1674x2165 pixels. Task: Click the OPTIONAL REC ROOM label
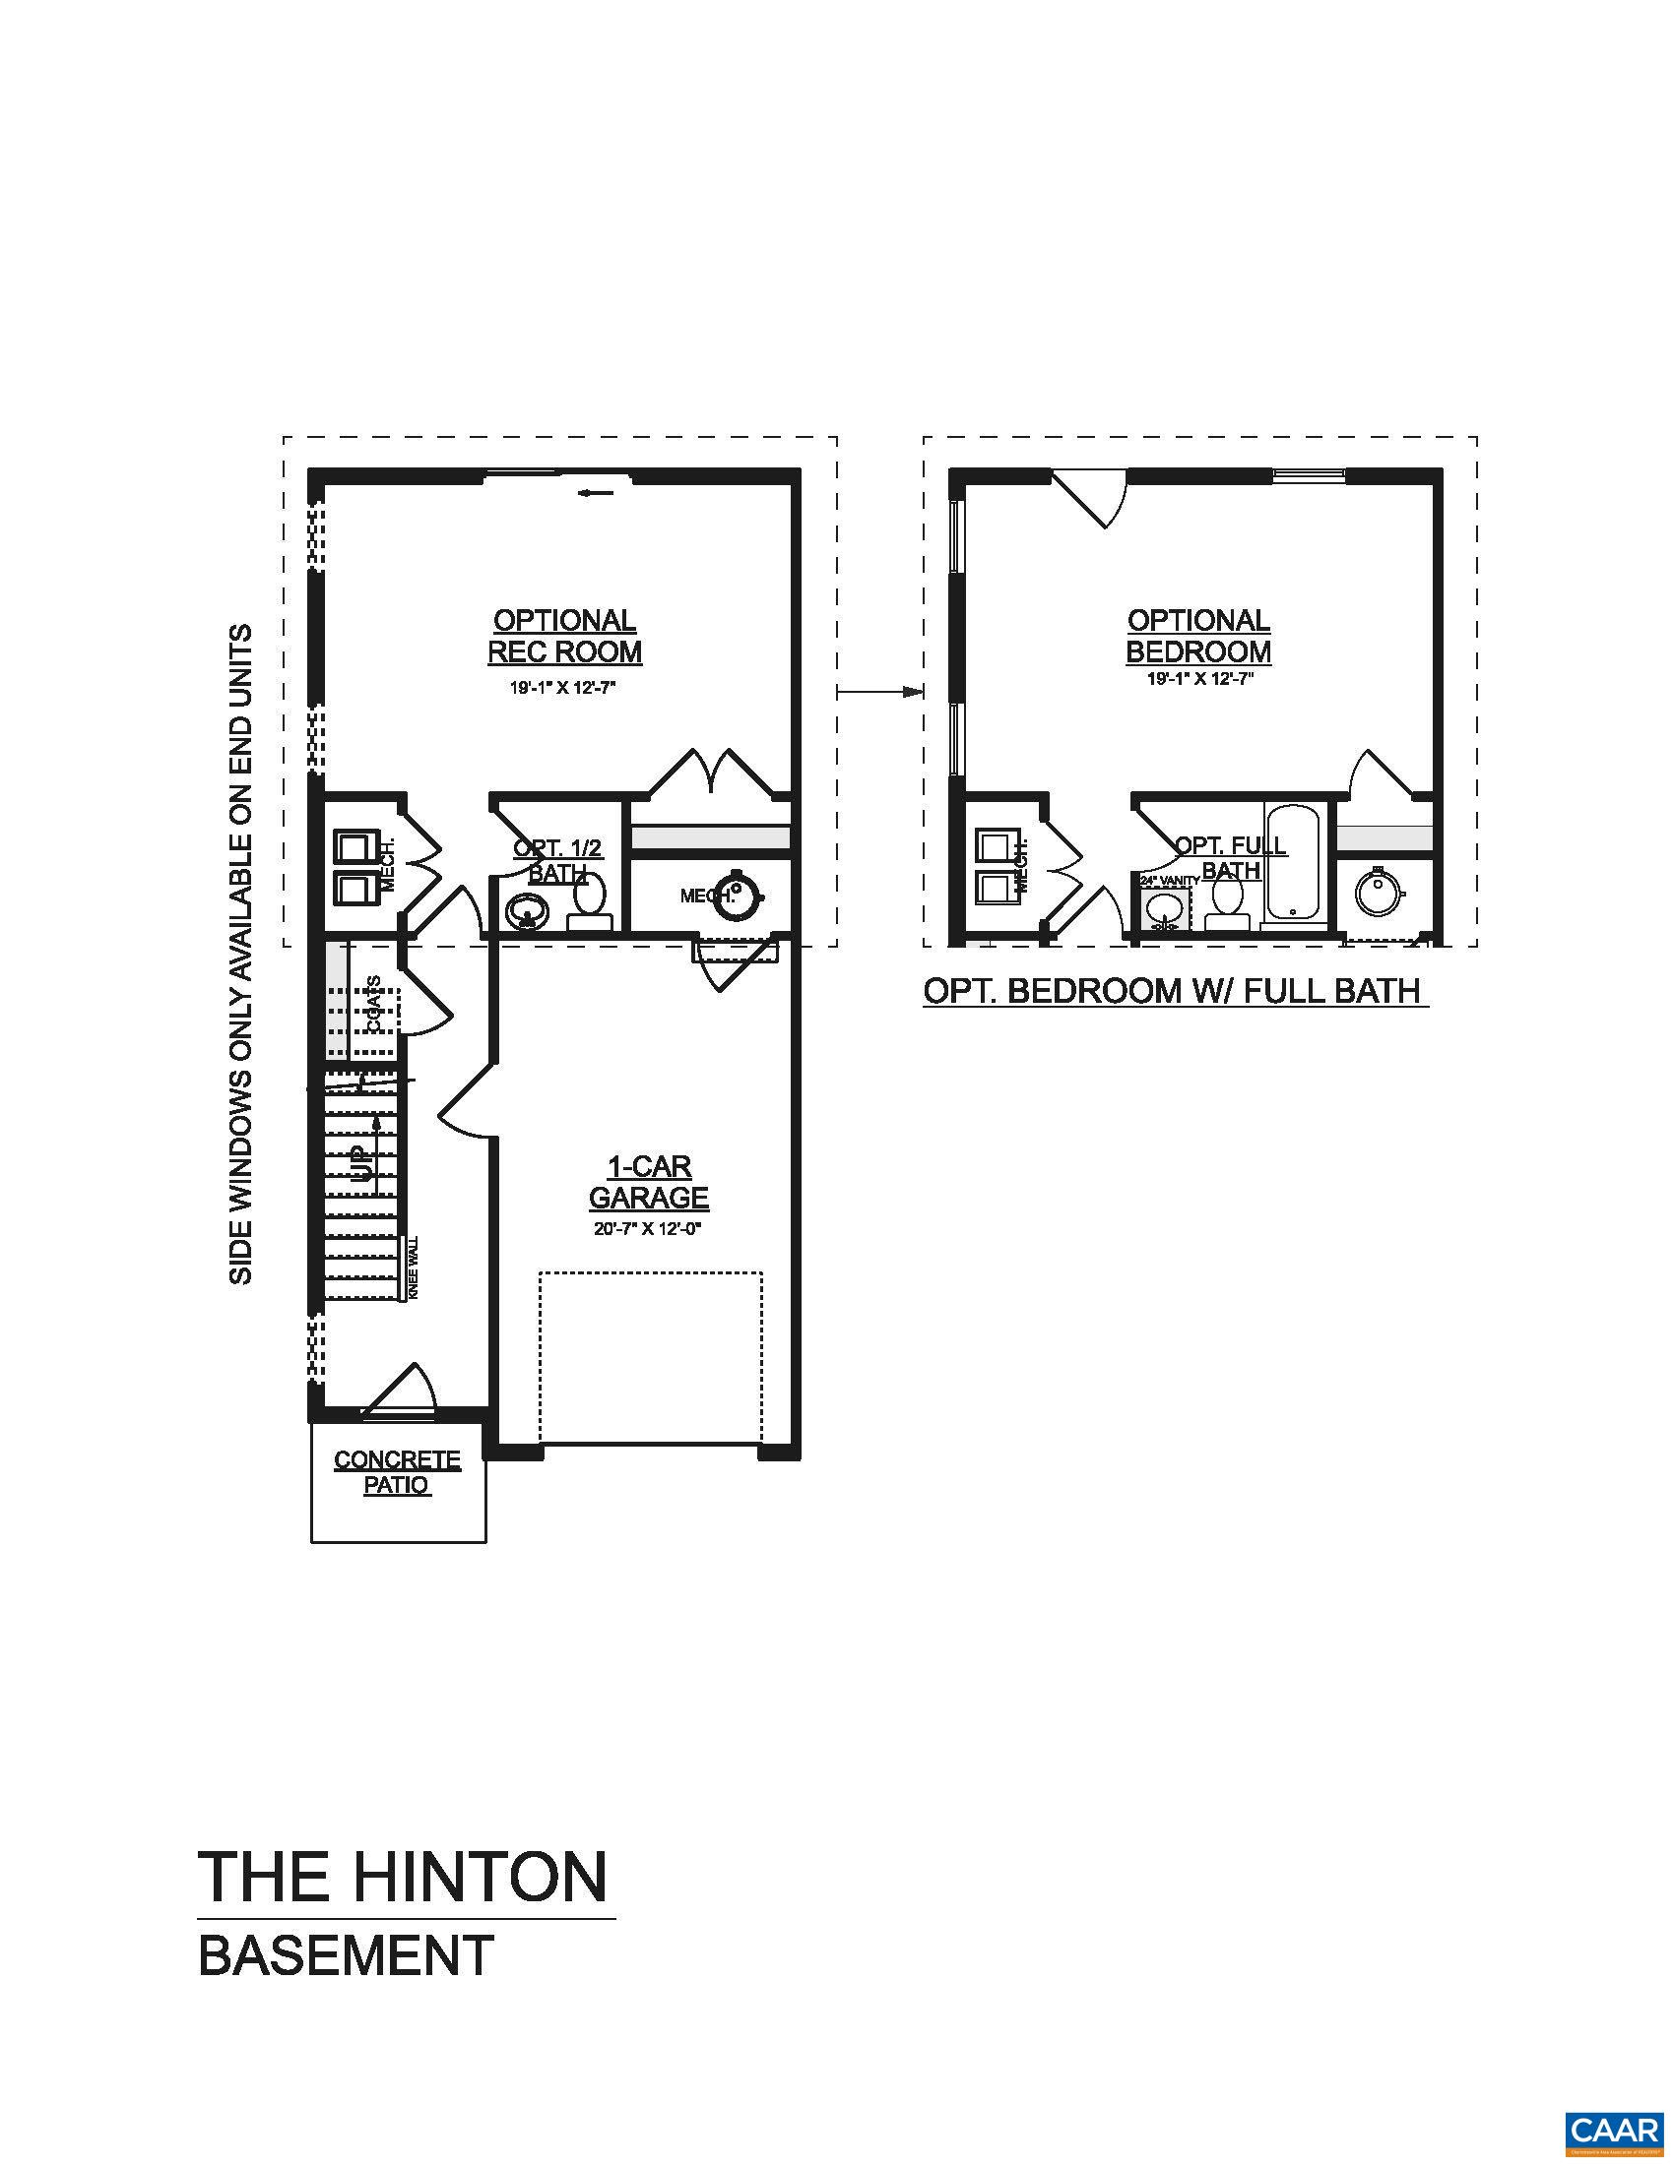(564, 637)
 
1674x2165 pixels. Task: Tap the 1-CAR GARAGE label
(649, 1182)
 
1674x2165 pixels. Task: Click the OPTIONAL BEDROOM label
(1198, 637)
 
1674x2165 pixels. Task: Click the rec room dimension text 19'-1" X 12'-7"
(563, 688)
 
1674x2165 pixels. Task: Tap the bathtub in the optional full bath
(1292, 862)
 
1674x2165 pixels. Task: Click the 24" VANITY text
(1170, 879)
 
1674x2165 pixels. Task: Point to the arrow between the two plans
(880, 692)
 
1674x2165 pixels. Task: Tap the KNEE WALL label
(414, 1268)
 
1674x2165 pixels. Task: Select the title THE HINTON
(403, 1877)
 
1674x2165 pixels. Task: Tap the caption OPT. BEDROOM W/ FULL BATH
(1173, 990)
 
